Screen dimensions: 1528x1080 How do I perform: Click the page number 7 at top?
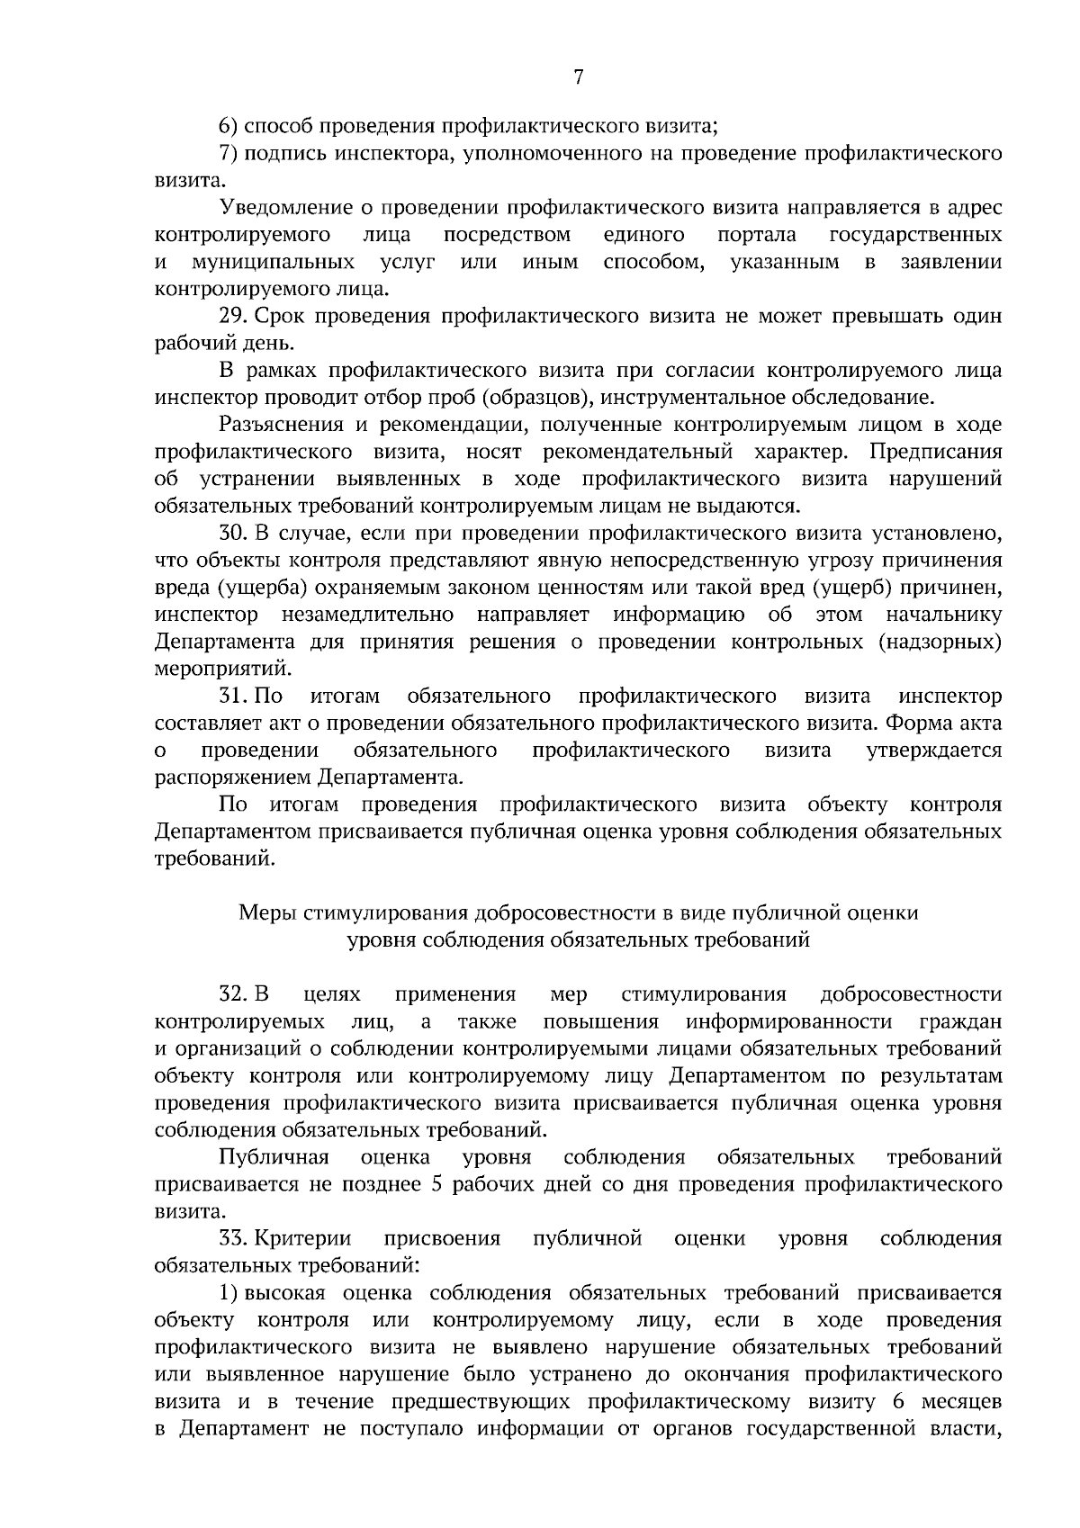(579, 78)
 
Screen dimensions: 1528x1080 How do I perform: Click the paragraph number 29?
(233, 316)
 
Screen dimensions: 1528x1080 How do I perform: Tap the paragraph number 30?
(233, 533)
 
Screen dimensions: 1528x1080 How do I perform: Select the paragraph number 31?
(233, 696)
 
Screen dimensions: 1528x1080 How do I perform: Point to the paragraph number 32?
(233, 994)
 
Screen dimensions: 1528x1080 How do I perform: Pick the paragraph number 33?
(233, 1238)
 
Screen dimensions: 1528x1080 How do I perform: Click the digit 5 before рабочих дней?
(436, 1184)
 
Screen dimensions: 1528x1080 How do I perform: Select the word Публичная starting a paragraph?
(274, 1156)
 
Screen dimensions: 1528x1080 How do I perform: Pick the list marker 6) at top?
(228, 126)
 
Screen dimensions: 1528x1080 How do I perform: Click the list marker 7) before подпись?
(228, 154)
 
